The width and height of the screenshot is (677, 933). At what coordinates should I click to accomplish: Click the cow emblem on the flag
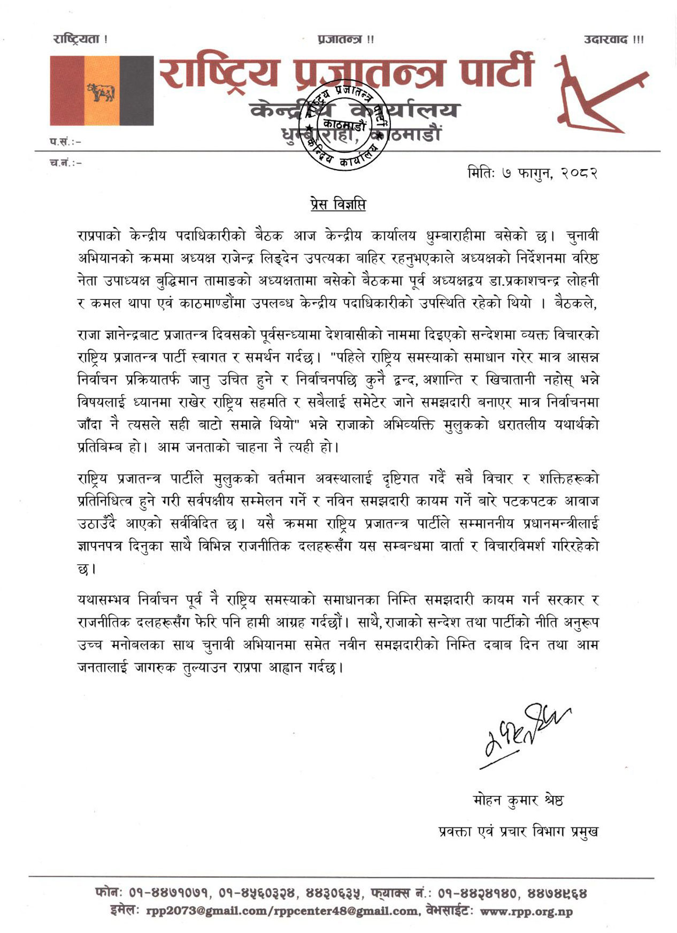(102, 92)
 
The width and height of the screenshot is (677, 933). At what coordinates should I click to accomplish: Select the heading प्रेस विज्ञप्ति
(338, 204)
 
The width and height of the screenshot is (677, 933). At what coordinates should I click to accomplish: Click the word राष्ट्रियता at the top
(77, 39)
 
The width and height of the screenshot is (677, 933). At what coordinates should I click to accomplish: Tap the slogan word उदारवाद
(606, 40)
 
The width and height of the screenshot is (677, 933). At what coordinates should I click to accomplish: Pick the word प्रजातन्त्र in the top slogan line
(340, 40)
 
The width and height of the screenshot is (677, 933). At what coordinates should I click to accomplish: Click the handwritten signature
(524, 733)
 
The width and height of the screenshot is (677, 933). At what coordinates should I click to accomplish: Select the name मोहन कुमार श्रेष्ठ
(518, 800)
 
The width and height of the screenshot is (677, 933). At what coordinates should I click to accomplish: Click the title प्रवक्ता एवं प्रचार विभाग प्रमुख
(518, 831)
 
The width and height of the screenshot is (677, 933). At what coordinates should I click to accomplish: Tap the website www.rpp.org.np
(526, 911)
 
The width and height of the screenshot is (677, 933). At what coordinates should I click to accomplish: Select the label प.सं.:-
(66, 141)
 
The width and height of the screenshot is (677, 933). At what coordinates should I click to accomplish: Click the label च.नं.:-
(66, 162)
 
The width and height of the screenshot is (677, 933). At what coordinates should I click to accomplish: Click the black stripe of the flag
(136, 91)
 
